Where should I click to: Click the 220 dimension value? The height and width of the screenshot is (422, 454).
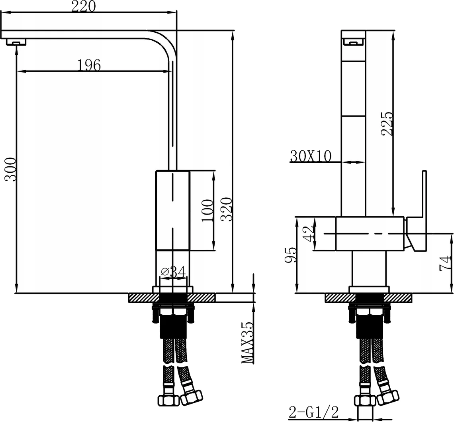coord(83,6)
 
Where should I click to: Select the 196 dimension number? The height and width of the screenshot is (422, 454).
coord(89,65)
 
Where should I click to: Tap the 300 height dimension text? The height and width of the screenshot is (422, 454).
coord(10,169)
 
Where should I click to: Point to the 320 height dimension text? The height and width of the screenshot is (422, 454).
coord(227,209)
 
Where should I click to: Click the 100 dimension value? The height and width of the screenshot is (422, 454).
coord(207,211)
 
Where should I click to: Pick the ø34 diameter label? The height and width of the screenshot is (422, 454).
coord(173,272)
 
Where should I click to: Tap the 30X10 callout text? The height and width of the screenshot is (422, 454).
coord(310,157)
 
